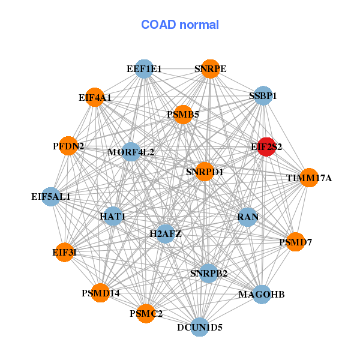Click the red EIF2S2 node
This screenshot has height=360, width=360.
tap(266, 146)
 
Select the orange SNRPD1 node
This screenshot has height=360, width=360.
tap(205, 172)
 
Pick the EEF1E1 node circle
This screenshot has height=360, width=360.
tap(143, 69)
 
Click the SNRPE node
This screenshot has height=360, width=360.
tap(209, 69)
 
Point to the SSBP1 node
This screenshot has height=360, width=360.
tap(263, 95)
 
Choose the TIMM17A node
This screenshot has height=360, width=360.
tap(308, 178)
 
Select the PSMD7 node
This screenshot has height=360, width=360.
tap(295, 242)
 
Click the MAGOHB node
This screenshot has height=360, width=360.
tap(261, 294)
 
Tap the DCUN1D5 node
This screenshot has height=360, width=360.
tap(200, 327)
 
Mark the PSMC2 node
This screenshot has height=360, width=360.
tap(146, 313)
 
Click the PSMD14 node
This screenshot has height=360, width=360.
tap(101, 293)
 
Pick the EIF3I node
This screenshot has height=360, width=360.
tap(64, 252)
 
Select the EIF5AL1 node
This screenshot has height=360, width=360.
tap(51, 196)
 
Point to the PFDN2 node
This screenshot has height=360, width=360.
tap(68, 146)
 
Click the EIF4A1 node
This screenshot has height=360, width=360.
tap(95, 97)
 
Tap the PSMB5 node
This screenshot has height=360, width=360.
tap(183, 114)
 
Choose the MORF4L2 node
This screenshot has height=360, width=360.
tap(131, 152)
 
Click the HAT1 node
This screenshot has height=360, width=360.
tap(113, 216)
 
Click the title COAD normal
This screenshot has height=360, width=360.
tap(180, 25)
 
